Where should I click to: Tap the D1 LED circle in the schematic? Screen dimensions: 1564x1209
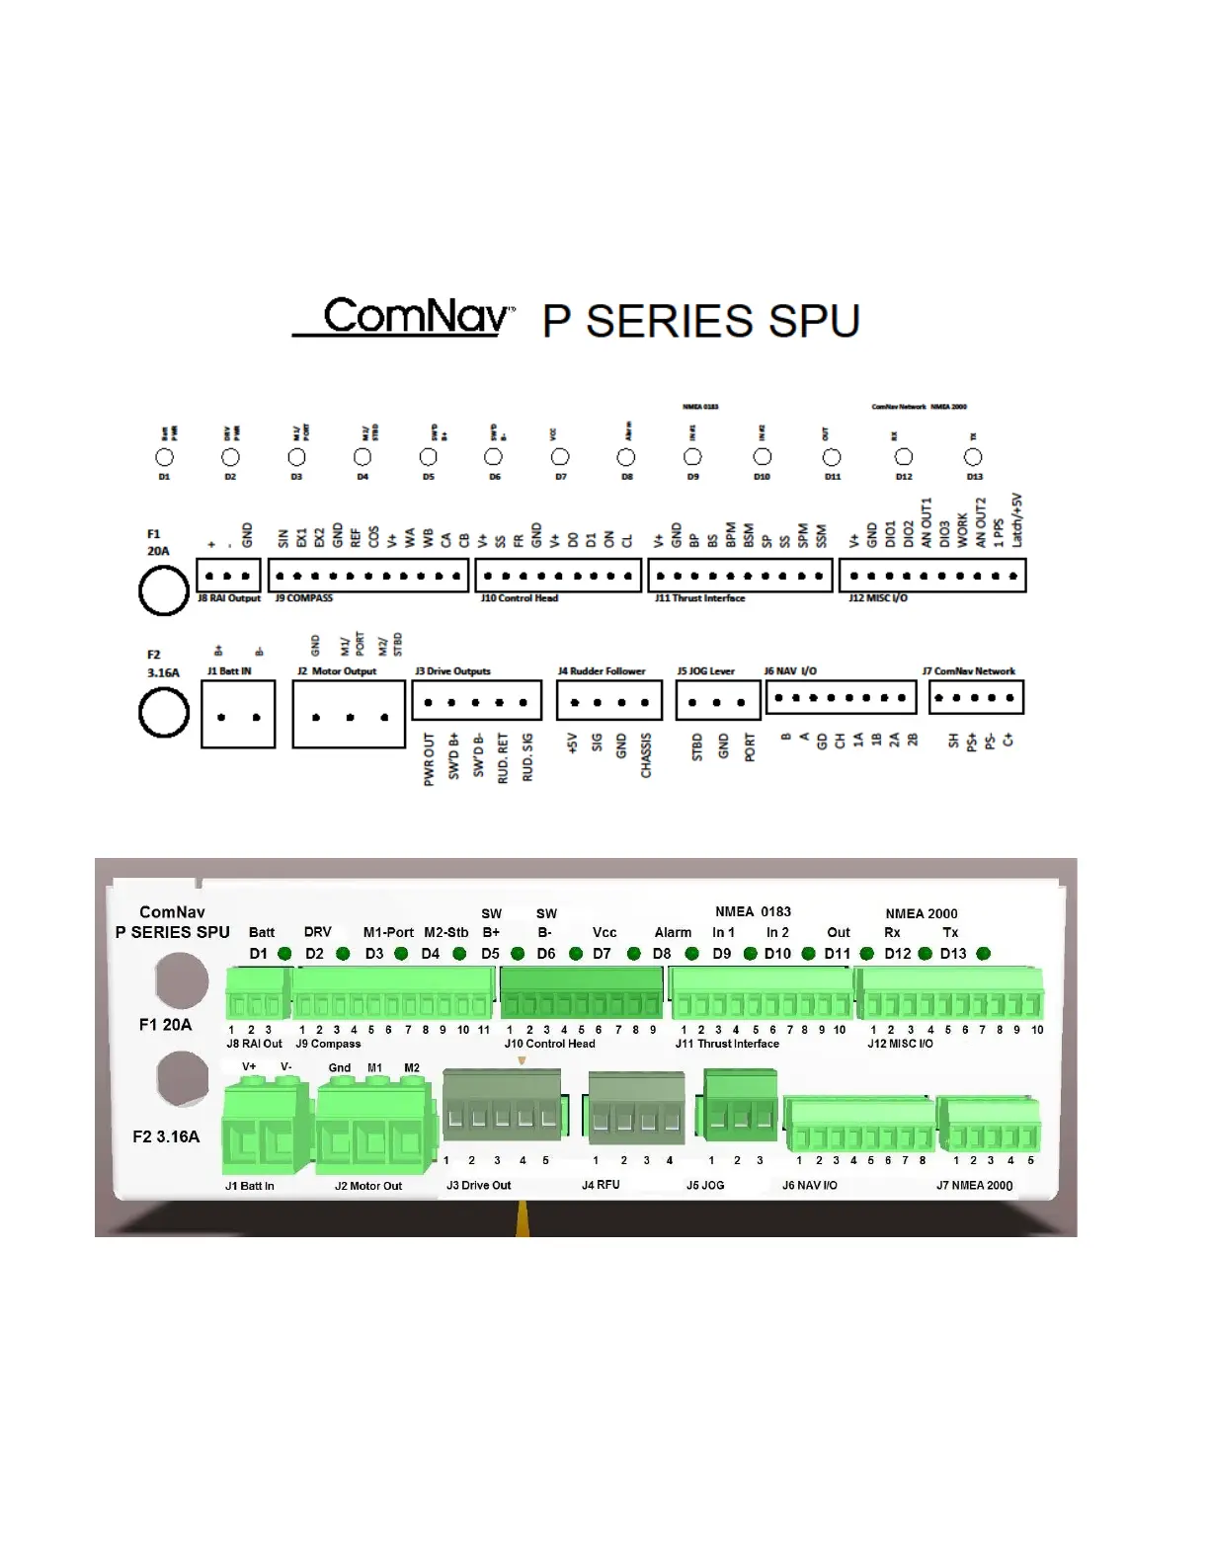(x=165, y=457)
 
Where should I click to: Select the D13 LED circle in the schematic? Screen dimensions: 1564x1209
(x=973, y=457)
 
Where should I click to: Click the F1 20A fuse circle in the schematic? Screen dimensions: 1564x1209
(x=163, y=590)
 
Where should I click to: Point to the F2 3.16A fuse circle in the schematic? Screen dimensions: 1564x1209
(x=163, y=712)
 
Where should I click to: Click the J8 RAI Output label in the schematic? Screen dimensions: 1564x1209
(x=229, y=598)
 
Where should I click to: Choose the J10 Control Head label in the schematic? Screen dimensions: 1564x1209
(x=520, y=598)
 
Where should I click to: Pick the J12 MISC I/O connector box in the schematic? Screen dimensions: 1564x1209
(x=931, y=576)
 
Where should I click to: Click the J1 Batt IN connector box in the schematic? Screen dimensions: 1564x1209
(x=238, y=715)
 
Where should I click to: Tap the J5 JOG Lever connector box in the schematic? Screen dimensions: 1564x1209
(x=716, y=702)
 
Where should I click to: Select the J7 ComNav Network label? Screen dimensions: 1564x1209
(x=969, y=671)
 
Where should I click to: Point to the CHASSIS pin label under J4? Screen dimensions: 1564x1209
(x=646, y=755)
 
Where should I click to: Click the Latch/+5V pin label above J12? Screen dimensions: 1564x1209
(x=1016, y=520)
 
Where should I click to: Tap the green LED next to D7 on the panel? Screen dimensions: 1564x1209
(x=634, y=954)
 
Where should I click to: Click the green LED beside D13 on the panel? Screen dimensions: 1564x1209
(x=984, y=954)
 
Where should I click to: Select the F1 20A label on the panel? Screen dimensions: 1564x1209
(x=165, y=1025)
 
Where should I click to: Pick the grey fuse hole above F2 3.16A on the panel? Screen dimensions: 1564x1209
(x=183, y=1078)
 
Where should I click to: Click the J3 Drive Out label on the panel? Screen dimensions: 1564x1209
(x=479, y=1186)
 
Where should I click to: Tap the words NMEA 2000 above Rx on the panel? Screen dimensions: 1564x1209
(x=922, y=913)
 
